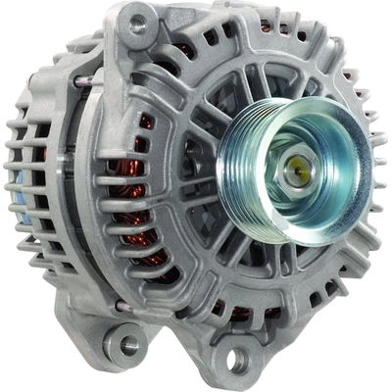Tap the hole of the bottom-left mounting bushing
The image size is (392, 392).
(x=125, y=345)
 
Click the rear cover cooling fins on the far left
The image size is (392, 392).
(x=29, y=176)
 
